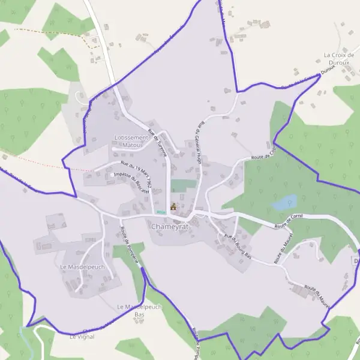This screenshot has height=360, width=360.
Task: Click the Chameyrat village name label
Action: point(170,227)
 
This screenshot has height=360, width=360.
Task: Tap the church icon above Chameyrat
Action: point(173,207)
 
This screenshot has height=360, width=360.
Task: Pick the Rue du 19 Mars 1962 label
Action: point(135,172)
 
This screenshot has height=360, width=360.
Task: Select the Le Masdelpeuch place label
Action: point(82,266)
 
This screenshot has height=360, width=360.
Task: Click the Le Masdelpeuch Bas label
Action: point(139,310)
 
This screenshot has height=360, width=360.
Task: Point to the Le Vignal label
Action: point(82,337)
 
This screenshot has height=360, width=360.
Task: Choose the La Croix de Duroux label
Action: point(339,58)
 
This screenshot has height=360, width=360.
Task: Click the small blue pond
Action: point(284,202)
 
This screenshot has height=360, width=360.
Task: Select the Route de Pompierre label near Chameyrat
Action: point(130,245)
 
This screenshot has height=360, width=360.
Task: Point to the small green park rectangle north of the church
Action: point(183,185)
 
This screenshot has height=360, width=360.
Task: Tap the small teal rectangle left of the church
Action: point(160,211)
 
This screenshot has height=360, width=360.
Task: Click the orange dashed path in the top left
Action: point(54,31)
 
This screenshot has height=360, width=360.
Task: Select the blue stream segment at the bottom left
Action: point(23,333)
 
